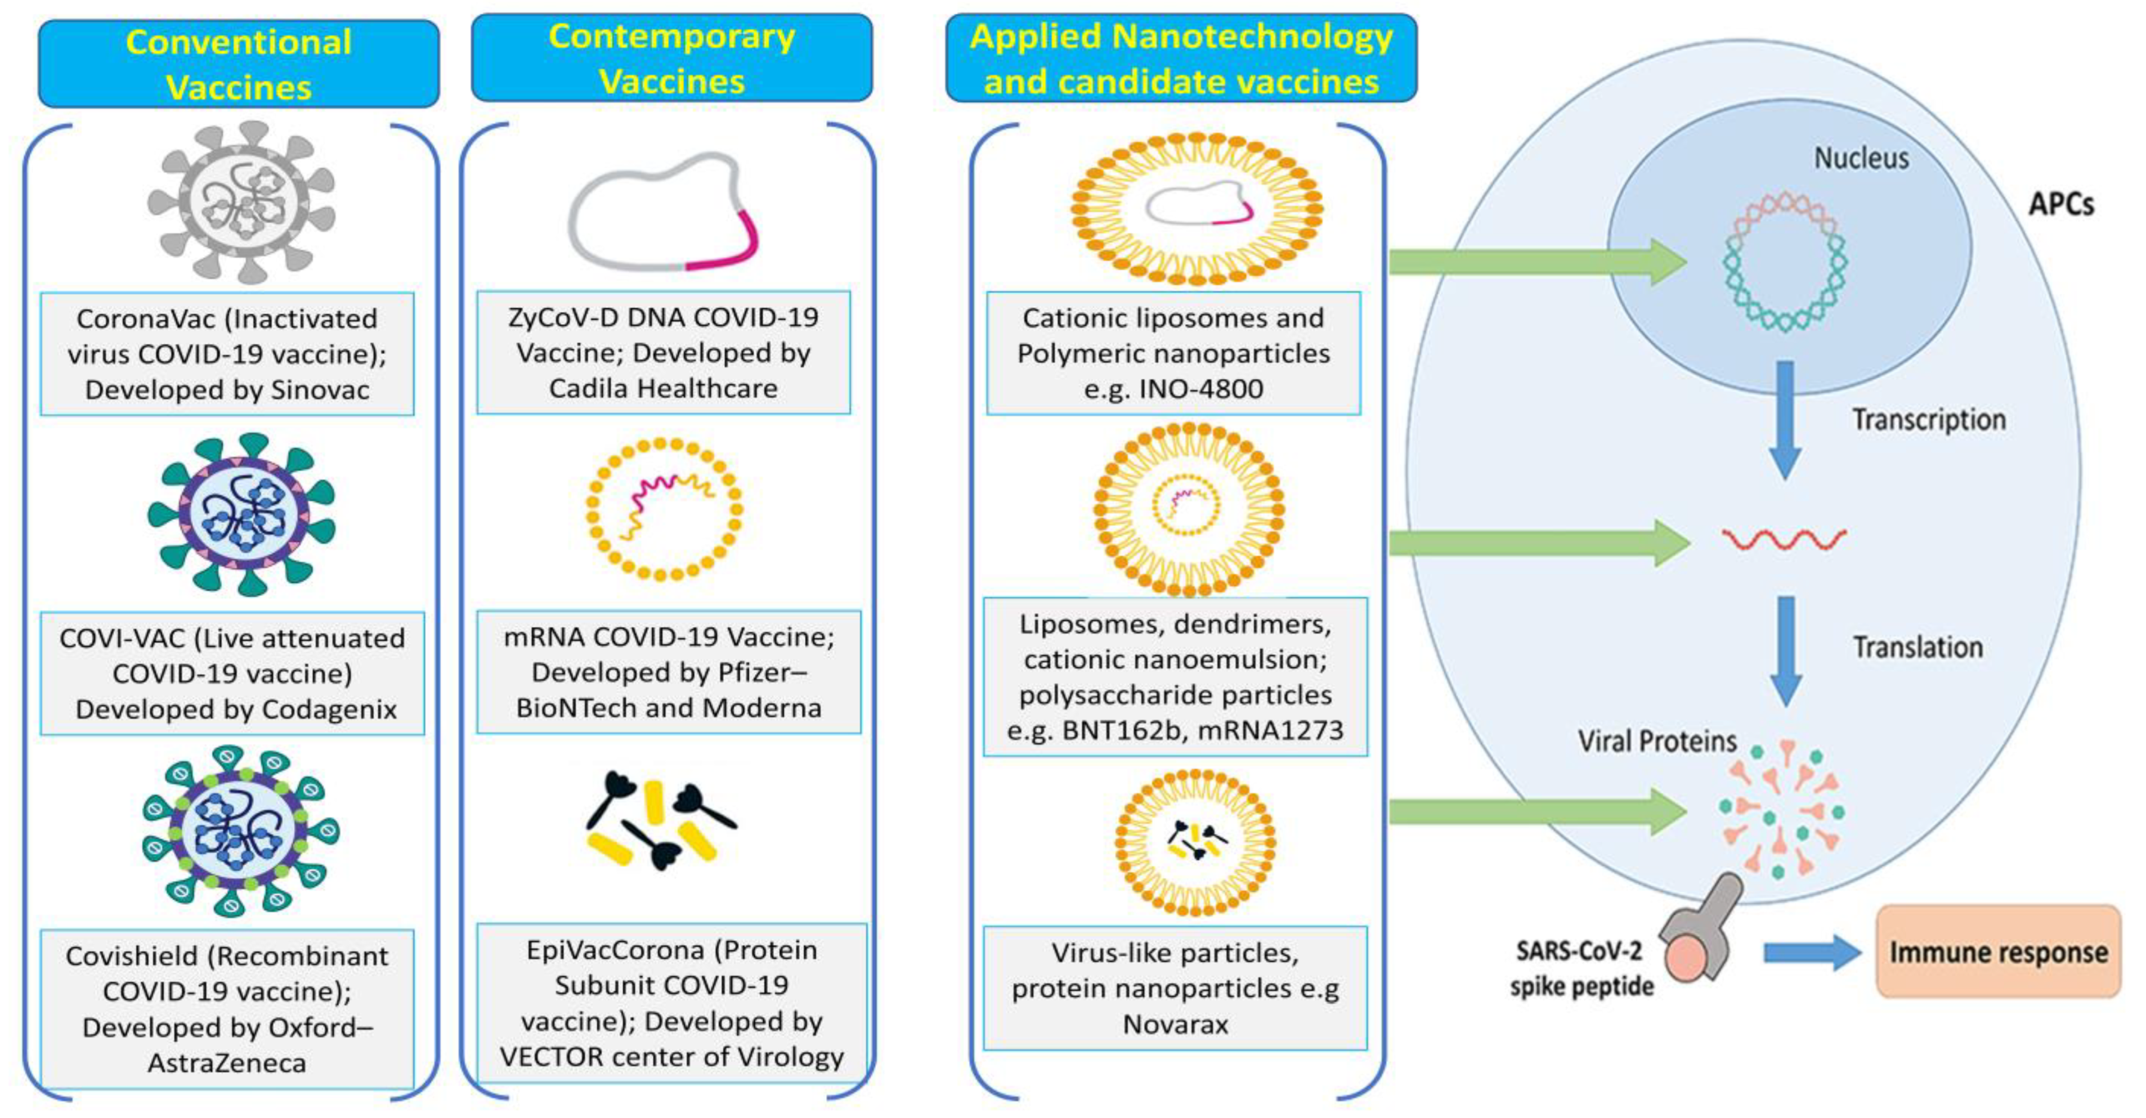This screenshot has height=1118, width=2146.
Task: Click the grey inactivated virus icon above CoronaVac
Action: [241, 203]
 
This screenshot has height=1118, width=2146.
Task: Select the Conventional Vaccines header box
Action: [239, 65]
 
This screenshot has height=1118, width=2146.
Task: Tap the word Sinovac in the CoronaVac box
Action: [319, 390]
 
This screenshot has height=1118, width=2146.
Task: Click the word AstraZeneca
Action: [227, 1063]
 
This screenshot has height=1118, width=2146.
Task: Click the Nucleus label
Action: [1861, 158]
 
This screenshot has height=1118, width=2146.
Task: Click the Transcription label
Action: [1929, 420]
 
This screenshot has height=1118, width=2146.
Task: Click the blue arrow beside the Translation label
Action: [1785, 650]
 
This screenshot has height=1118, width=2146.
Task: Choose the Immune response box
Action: [1997, 952]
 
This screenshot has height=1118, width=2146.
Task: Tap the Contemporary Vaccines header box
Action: [671, 59]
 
